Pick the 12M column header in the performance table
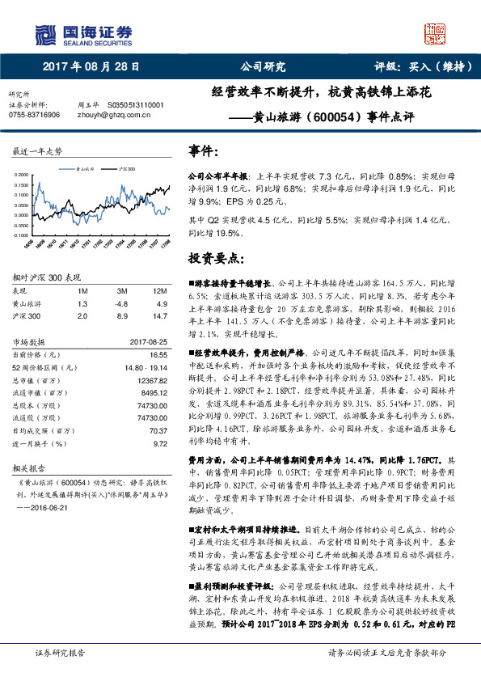click(158, 290)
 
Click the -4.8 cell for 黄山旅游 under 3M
click(122, 303)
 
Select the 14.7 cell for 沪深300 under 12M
click(159, 315)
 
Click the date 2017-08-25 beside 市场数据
click(149, 341)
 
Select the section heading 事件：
click(202, 151)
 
